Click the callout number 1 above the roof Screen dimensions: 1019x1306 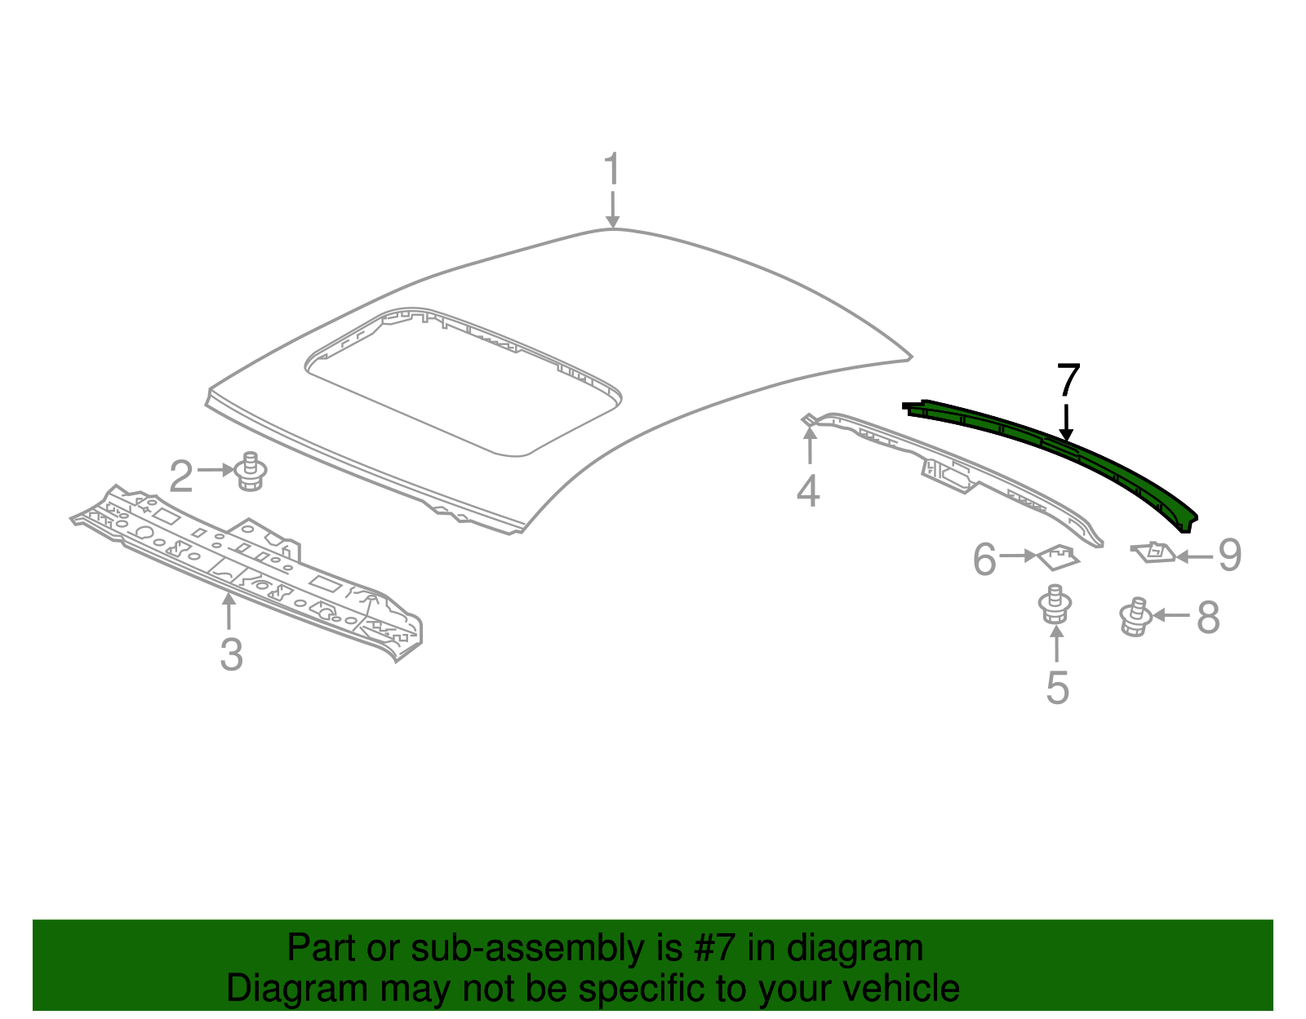(x=612, y=170)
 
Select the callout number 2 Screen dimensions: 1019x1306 (x=181, y=476)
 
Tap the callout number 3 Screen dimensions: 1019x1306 (x=231, y=654)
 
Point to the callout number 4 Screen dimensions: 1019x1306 (x=808, y=491)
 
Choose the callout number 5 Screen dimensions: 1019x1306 (x=1057, y=688)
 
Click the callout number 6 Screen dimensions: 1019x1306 (x=984, y=560)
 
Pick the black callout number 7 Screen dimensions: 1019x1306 (x=1068, y=380)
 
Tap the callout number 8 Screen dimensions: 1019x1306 (x=1208, y=618)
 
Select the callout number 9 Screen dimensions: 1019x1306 (x=1229, y=556)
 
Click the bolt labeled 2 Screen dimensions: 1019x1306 (x=251, y=472)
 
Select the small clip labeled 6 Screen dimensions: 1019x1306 (x=1058, y=557)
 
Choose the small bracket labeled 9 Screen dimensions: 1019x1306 (x=1153, y=552)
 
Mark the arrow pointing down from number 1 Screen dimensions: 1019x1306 (x=612, y=209)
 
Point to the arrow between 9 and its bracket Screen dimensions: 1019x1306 (x=1194, y=557)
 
